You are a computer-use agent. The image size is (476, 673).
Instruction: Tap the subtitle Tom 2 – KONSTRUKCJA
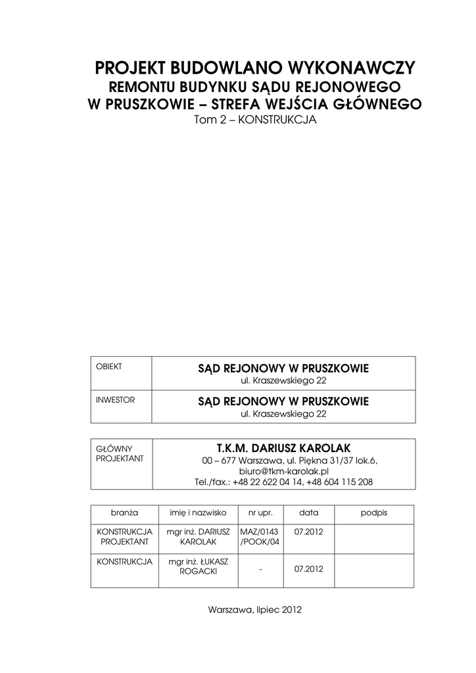(254, 120)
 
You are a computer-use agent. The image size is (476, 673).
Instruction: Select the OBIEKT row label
(109, 366)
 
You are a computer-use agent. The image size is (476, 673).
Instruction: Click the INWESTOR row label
(115, 400)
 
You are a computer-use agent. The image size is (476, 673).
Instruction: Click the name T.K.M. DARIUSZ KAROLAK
(283, 448)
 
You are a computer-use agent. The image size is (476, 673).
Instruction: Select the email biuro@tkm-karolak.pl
(283, 471)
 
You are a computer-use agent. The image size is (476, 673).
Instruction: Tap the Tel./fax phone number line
(283, 482)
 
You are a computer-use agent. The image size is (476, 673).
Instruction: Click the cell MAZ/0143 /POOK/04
(260, 536)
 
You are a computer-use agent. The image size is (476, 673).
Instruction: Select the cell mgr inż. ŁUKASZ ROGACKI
(198, 567)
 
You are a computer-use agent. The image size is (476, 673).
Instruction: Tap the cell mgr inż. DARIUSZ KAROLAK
(198, 536)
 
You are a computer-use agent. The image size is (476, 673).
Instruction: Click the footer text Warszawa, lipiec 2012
(254, 609)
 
